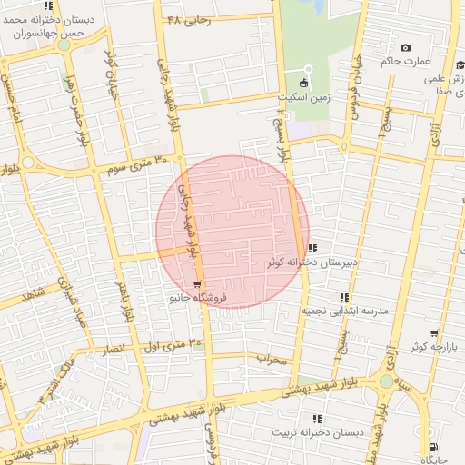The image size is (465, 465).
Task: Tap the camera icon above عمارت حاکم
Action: [x=405, y=47]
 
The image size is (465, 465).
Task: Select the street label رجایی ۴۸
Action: [x=189, y=19]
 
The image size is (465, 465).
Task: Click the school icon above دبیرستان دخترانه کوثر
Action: [x=312, y=248]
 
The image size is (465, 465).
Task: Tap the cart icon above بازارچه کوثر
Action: [x=434, y=333]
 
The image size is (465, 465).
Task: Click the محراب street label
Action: [x=271, y=360]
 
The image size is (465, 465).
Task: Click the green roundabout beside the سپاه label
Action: [x=387, y=381]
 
